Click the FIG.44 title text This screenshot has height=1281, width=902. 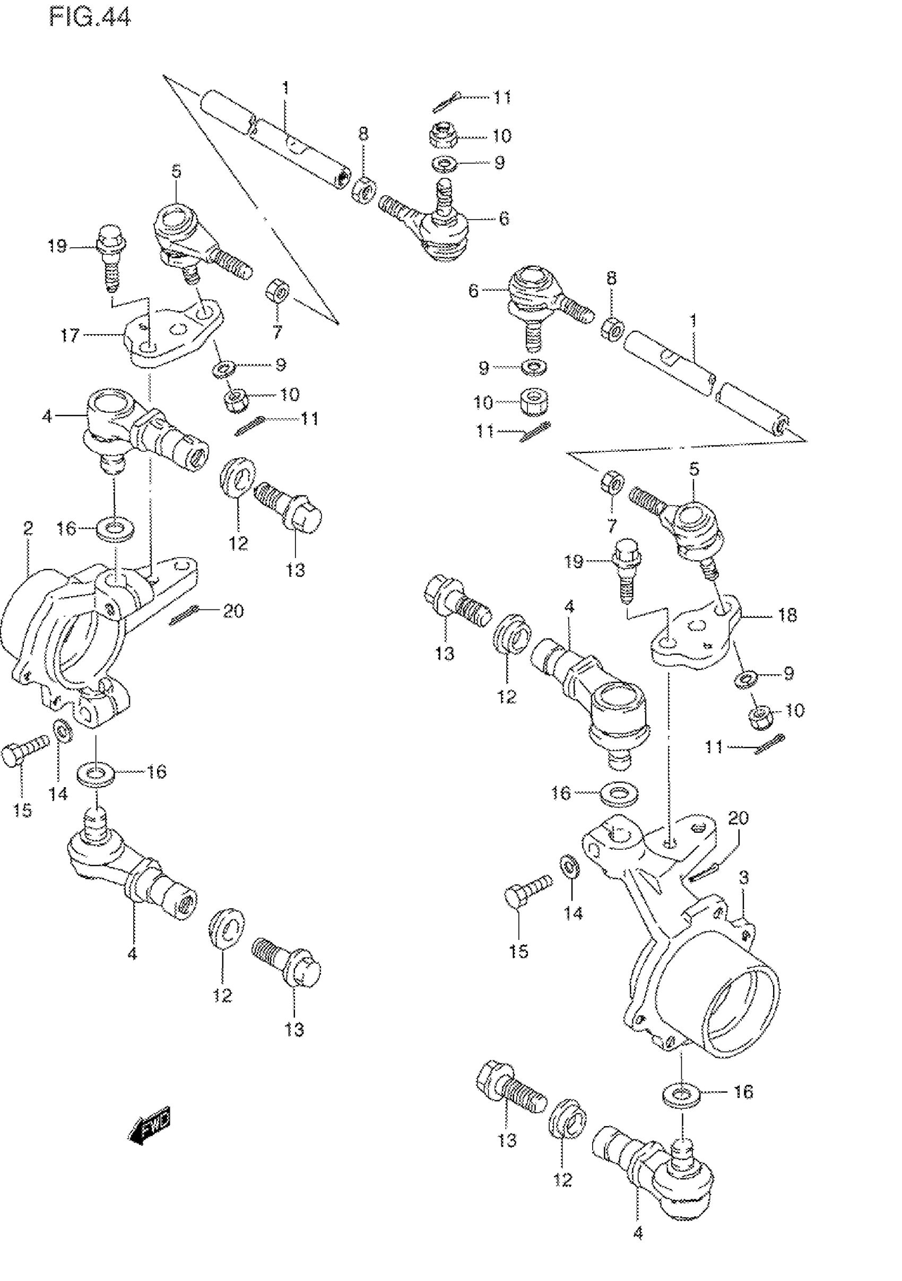tap(89, 17)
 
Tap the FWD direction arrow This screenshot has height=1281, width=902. tap(150, 1132)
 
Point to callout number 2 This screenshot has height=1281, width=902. tap(28, 528)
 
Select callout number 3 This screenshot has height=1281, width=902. tap(743, 878)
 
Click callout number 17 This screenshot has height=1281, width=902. tap(70, 335)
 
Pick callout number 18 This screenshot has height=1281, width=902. tap(787, 615)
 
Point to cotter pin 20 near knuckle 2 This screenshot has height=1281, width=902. tap(185, 616)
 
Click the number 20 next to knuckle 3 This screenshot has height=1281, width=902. tap(738, 818)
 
